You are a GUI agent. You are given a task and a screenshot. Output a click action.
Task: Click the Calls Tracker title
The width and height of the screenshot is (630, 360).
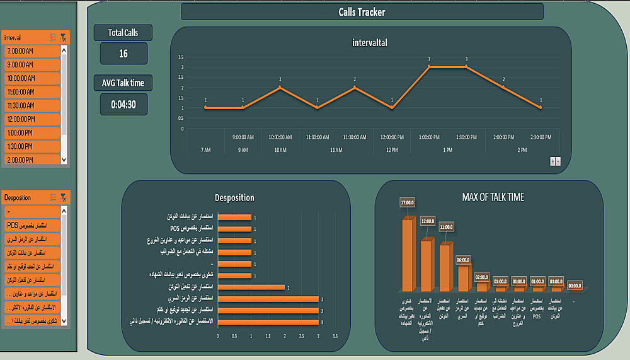362,12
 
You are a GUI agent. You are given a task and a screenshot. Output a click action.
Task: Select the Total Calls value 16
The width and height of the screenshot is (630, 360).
123,54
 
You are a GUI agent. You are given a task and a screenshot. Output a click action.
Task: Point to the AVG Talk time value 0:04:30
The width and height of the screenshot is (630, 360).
123,105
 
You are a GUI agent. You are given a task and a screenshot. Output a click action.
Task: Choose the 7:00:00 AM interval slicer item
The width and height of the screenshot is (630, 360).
31,50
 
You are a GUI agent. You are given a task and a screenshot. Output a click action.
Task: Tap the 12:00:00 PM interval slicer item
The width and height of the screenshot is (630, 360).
31,119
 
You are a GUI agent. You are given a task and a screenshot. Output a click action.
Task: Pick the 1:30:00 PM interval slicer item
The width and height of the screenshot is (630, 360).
31,146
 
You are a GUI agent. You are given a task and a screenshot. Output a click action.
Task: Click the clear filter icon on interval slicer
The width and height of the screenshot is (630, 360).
64,38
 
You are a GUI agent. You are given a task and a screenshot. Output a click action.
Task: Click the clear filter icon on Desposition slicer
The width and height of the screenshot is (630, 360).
64,198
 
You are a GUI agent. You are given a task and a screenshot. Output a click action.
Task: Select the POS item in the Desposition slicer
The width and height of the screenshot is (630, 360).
31,226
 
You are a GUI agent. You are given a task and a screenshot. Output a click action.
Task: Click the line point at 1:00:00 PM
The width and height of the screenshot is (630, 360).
429,66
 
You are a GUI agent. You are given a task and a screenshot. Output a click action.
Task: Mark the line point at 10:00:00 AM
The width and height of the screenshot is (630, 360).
280,87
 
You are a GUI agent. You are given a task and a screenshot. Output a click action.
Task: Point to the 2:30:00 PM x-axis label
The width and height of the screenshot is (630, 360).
541,137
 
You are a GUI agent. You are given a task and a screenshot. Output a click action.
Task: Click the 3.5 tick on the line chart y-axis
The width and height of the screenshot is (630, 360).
181,57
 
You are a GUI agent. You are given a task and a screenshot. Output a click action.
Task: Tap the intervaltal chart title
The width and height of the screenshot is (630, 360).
370,43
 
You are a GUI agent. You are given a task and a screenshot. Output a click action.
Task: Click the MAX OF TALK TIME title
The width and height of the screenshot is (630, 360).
493,197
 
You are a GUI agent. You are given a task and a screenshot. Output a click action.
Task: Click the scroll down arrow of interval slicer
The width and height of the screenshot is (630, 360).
64,160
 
